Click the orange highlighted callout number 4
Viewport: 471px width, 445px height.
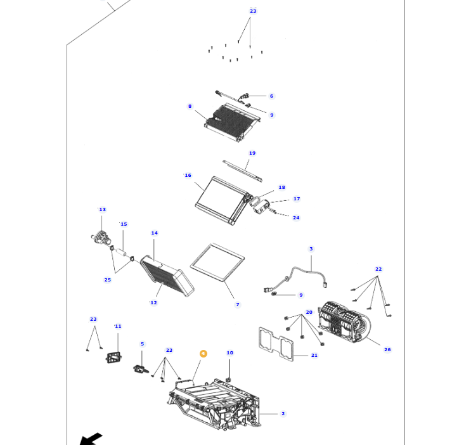(203, 354)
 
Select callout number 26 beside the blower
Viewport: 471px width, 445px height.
(387, 349)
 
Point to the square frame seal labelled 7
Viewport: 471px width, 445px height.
(217, 262)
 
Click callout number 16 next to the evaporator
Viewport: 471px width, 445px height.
(188, 176)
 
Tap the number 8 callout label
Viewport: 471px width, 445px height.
(190, 106)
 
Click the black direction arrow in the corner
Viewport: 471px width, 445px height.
(91, 439)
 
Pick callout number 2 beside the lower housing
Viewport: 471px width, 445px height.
(283, 413)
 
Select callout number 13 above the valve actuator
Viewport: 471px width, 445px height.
(102, 210)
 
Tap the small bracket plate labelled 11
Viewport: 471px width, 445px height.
(114, 358)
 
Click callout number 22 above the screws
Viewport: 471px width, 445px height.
(378, 269)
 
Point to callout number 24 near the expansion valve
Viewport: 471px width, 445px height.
(296, 217)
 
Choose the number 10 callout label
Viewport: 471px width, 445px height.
(229, 353)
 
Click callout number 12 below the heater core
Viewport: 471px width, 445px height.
(153, 302)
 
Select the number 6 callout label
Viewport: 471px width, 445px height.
(271, 96)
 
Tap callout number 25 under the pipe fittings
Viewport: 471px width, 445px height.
(107, 280)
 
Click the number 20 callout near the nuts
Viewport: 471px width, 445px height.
(309, 313)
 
